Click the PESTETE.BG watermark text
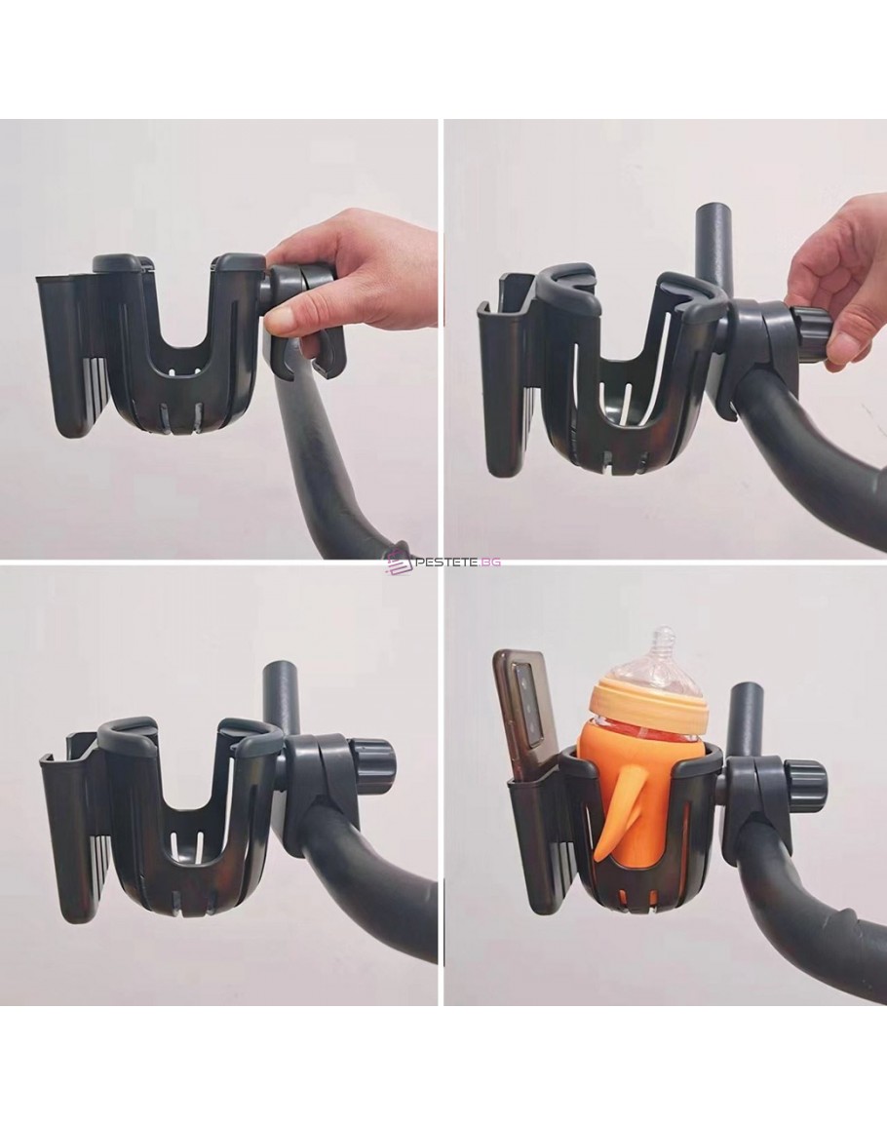(458, 563)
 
